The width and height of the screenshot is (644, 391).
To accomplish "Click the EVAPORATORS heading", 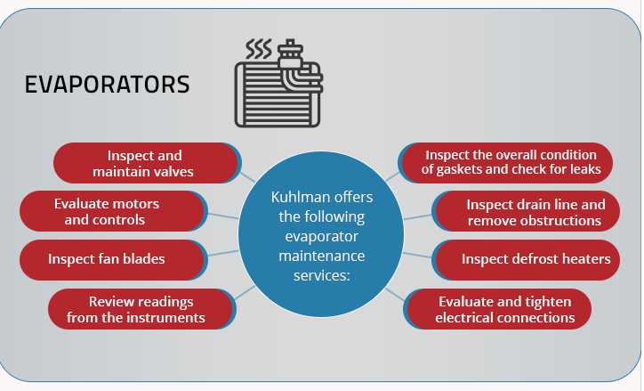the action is [x=108, y=85].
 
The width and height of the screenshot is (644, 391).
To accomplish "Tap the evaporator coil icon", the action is [x=278, y=84].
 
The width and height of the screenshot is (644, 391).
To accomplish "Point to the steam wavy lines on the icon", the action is [x=259, y=49].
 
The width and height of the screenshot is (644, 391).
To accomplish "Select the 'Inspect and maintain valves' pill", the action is [x=147, y=163].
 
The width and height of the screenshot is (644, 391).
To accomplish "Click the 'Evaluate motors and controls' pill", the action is [x=113, y=211].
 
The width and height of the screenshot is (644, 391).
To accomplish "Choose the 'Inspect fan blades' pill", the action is [x=113, y=260].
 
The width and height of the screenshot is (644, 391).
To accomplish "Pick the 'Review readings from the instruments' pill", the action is [x=141, y=309].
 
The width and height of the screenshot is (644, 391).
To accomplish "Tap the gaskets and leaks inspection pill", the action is [x=505, y=163].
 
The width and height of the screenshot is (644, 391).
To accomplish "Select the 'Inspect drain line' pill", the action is [x=526, y=211].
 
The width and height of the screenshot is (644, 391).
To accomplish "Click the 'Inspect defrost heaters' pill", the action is [x=526, y=260].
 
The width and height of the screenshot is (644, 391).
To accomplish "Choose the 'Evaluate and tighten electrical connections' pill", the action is [x=497, y=309].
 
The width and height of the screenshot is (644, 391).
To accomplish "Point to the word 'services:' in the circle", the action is [x=322, y=275].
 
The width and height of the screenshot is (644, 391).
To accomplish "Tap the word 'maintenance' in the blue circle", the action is [x=322, y=257].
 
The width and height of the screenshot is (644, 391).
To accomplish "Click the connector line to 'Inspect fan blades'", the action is [x=223, y=253].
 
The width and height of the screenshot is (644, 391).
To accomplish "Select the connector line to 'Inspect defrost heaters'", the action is [x=417, y=256].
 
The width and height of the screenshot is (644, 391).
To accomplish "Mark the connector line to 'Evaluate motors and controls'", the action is [x=223, y=216].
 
